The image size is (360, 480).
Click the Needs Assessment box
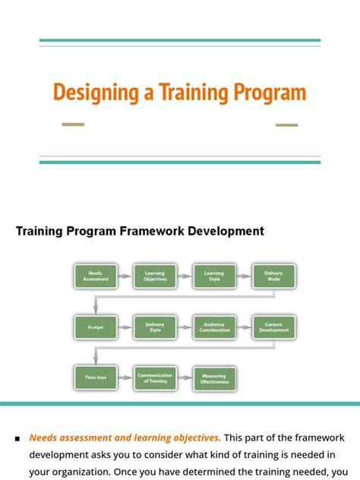96,276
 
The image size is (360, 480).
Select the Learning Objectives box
155,276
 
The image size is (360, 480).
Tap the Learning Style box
213,276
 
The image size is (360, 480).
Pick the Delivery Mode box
273,276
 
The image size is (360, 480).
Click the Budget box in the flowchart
96,327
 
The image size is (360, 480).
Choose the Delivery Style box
155,327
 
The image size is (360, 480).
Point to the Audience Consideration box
213,327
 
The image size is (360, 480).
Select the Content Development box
273,327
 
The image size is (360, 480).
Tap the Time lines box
96,377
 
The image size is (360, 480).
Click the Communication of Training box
155,377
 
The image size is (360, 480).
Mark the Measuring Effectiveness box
213,377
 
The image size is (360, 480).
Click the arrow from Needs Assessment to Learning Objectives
125,276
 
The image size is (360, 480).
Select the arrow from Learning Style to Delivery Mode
244,276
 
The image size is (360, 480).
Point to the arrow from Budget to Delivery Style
125,327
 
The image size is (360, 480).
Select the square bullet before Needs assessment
17,439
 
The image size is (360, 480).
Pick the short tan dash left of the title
73,124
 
